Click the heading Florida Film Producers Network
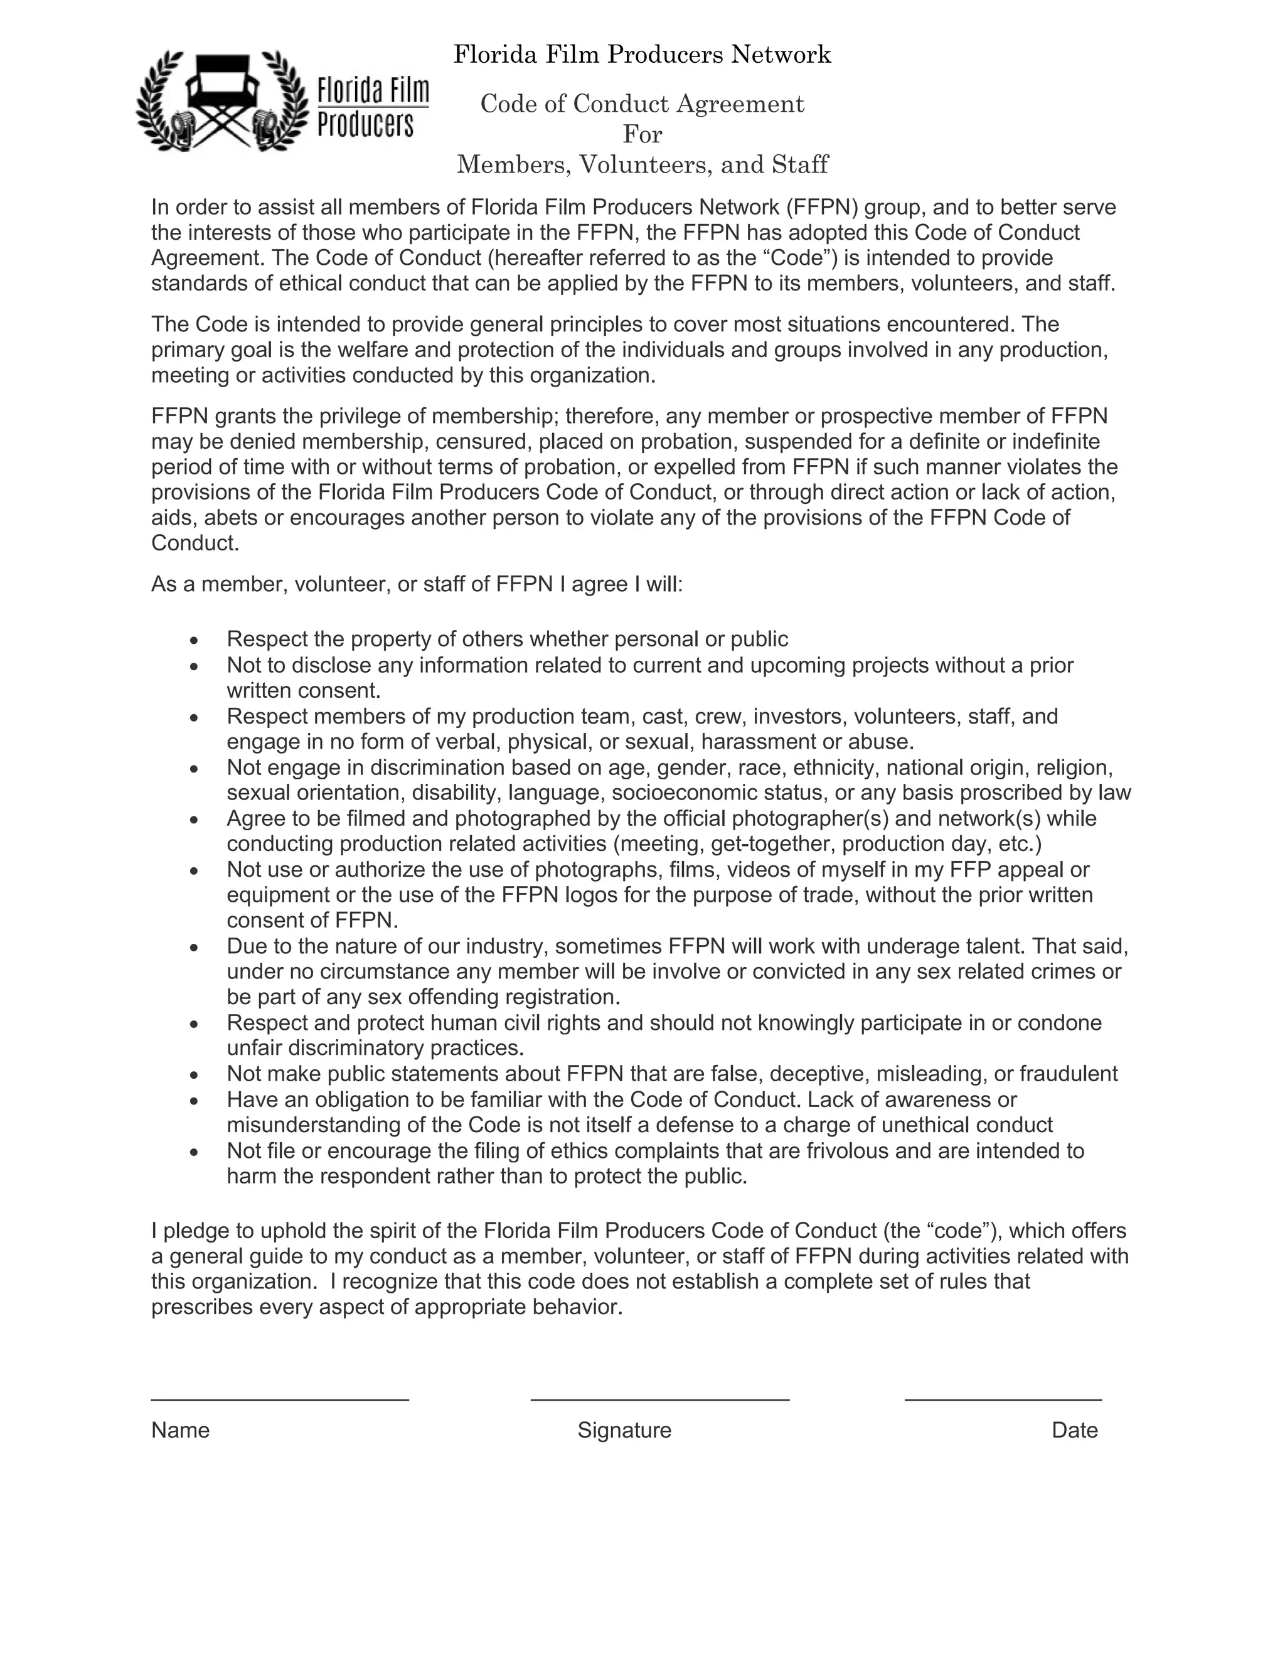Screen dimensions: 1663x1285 point(642,55)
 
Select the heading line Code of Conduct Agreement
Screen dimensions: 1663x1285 point(642,104)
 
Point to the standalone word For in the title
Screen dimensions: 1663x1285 point(642,135)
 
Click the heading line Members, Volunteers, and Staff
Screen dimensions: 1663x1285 point(642,164)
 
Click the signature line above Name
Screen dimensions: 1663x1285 point(279,1399)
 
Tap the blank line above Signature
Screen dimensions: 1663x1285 point(659,1399)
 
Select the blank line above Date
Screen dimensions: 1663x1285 point(1003,1399)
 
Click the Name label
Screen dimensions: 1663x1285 point(181,1430)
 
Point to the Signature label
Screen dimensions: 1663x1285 point(624,1430)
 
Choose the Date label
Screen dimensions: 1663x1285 point(1074,1430)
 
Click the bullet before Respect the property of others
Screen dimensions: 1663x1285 point(195,639)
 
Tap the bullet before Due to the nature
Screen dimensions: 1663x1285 point(195,947)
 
